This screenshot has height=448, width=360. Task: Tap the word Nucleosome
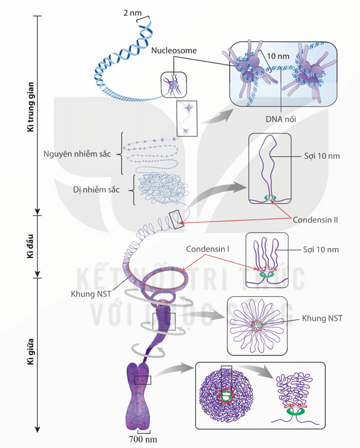point(173,50)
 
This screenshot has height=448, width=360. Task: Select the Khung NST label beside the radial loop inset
point(322,318)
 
